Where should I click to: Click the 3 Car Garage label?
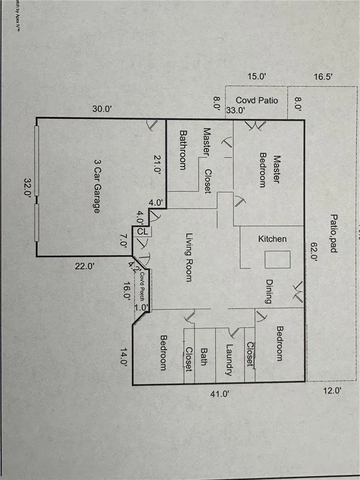tap(97, 187)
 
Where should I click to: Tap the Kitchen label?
tap(272, 239)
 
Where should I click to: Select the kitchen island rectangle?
tap(277, 260)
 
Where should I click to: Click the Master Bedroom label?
tap(270, 171)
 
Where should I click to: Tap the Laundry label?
tap(229, 360)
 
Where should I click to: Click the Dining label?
tap(269, 291)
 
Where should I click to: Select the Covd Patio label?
tap(257, 100)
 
